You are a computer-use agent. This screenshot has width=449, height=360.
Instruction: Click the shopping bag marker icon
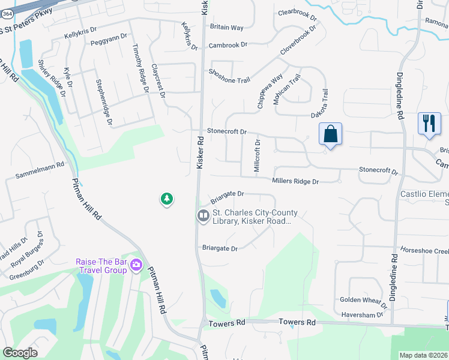[x=331, y=134]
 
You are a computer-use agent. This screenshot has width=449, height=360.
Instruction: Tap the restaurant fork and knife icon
[x=429, y=124]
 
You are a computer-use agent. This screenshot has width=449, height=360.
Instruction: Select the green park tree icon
[x=167, y=199]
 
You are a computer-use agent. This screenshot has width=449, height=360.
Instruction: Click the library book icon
[x=203, y=215]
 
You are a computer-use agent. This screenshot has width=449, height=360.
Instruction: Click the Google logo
[x=20, y=353]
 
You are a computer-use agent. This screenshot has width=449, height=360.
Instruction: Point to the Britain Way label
[x=226, y=28]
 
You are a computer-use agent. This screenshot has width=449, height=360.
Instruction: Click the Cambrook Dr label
[x=228, y=45]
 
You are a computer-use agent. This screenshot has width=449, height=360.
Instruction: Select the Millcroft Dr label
[x=257, y=156]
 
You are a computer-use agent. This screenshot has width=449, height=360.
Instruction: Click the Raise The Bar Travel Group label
[x=101, y=266]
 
